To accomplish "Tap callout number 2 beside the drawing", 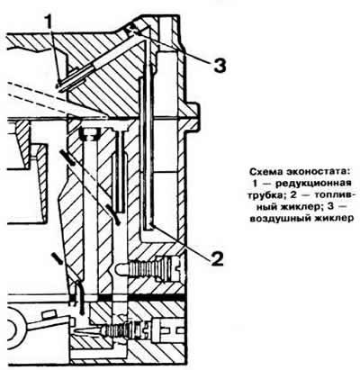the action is (x=217, y=258).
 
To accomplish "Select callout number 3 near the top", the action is (x=220, y=66).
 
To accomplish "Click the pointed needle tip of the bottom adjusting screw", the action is (x=77, y=331).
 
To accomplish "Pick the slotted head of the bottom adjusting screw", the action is (x=169, y=330).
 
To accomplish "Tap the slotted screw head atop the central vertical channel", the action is (x=91, y=134).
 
